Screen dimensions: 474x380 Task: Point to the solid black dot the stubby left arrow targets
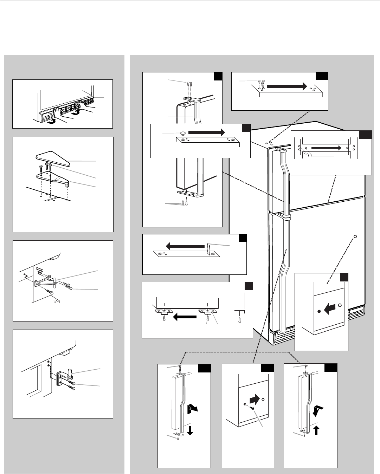pos(318,311)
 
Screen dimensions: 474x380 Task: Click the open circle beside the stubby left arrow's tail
pos(339,305)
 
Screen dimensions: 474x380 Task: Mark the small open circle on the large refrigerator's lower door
pos(355,236)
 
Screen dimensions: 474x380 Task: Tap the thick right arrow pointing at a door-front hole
pos(255,399)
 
